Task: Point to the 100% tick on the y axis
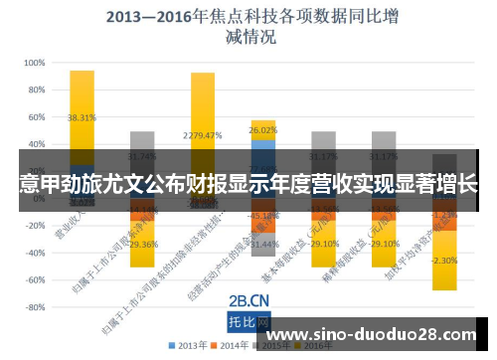click(x=33, y=62)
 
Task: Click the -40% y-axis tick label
click(x=34, y=253)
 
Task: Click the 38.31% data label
click(x=82, y=117)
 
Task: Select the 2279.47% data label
click(x=202, y=135)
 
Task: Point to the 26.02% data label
click(x=263, y=130)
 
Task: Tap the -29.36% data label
click(x=142, y=244)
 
